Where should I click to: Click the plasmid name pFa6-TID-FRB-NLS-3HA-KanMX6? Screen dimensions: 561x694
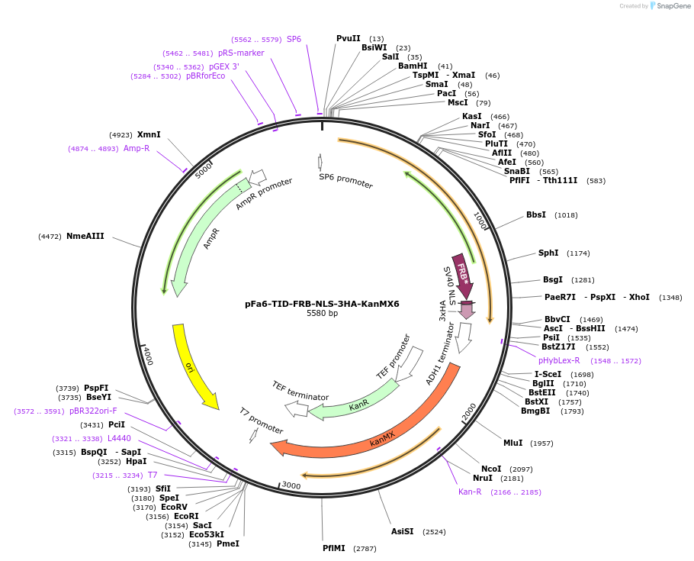click(x=322, y=304)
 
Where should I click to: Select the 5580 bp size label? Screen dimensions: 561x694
click(x=322, y=314)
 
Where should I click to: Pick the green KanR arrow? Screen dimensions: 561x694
click(x=358, y=402)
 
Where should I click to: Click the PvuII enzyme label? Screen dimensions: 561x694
click(x=349, y=38)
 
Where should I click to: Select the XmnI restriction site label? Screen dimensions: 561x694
click(x=149, y=134)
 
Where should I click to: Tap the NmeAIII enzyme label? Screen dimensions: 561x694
click(x=85, y=236)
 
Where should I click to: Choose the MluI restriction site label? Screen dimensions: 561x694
click(x=512, y=443)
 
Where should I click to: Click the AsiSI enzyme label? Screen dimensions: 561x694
click(x=402, y=531)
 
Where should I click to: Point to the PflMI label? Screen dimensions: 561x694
click(x=334, y=548)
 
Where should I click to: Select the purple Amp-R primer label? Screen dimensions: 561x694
click(x=137, y=148)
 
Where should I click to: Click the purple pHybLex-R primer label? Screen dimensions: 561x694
click(x=559, y=360)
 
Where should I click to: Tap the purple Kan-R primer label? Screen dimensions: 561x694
click(x=470, y=492)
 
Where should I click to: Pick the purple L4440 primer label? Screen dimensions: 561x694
click(x=119, y=438)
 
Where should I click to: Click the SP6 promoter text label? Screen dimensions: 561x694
click(x=346, y=181)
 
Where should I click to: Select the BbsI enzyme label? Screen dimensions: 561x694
click(x=536, y=214)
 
